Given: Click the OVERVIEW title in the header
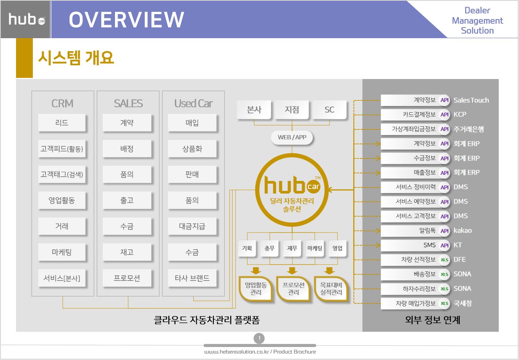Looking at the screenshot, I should pos(126,20).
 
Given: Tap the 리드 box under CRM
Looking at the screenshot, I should pos(62,123).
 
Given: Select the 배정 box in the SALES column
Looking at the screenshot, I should pos(127,149).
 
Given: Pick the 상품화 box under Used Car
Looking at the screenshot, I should pos(192,149).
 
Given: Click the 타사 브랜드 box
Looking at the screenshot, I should pos(192,278).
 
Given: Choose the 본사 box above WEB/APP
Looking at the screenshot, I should pos(254,110).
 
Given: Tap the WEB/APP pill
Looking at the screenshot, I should pos(292,137).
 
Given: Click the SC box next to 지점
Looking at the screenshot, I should pos(329,110).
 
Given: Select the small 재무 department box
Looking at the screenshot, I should pos(292,248).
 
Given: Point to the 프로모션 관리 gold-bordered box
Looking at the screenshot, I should pos(293,289).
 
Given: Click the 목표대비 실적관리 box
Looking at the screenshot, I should pos(331,289).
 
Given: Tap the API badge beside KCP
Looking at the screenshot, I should pos(445,115).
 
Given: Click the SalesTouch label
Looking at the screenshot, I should pos(471,100).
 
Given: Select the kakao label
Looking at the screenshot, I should pos(462,231).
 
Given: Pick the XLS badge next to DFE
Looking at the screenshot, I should pos(445,260).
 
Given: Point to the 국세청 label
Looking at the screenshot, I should pos(462,303).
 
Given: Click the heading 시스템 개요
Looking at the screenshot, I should pos(76,58).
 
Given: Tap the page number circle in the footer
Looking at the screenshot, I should pos(259,338).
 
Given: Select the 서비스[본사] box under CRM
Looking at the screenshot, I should pos(62,278).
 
